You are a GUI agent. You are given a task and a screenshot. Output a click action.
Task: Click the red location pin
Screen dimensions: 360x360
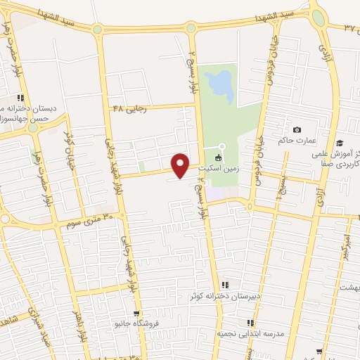click(181, 165)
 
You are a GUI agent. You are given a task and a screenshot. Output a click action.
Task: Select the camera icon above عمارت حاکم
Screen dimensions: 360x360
click(297, 130)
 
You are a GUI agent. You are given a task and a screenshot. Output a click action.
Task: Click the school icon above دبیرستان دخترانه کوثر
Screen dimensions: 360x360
click(225, 285)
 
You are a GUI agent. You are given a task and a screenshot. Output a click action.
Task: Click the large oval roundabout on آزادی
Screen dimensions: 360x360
click(319, 18)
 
